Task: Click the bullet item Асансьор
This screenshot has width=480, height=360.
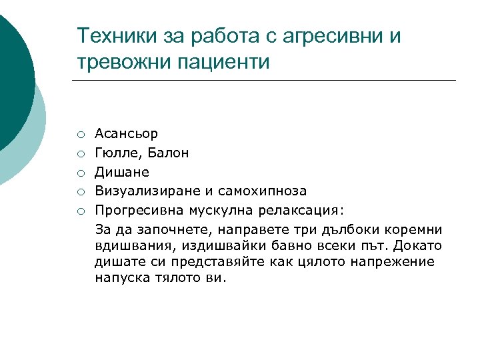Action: click(127, 134)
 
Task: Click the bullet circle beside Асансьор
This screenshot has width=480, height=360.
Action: click(79, 135)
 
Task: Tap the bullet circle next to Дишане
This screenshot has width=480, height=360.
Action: click(79, 173)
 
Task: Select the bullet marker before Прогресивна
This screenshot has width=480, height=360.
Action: click(79, 211)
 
